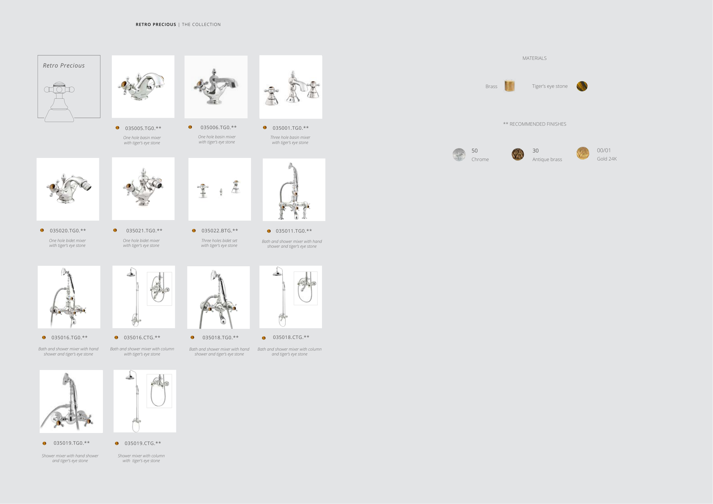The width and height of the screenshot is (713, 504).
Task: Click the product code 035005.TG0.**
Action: click(x=143, y=128)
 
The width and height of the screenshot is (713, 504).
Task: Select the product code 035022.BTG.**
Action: click(x=220, y=231)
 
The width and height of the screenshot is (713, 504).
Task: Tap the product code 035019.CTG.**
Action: click(x=143, y=443)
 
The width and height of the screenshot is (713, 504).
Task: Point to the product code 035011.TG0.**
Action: click(x=294, y=231)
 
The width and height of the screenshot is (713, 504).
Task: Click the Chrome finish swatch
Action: click(x=459, y=155)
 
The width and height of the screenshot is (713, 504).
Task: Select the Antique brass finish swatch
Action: click(x=518, y=154)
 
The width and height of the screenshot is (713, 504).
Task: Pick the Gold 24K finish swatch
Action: click(x=583, y=153)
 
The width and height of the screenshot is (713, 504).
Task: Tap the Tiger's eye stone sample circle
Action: click(x=582, y=86)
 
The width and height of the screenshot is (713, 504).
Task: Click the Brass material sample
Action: click(x=510, y=86)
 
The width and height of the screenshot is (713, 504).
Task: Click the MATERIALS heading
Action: click(x=534, y=58)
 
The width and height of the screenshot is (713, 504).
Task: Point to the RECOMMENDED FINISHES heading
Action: click(x=538, y=124)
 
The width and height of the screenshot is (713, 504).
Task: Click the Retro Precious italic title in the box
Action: click(x=64, y=66)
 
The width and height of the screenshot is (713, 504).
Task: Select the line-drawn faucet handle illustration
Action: click(x=59, y=102)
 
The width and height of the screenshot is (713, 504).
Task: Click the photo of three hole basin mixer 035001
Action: click(x=291, y=87)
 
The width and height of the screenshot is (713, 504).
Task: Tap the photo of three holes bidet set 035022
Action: click(x=220, y=189)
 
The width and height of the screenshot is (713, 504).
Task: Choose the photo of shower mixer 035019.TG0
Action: click(x=71, y=401)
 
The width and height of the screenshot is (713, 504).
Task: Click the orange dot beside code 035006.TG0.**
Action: click(x=190, y=127)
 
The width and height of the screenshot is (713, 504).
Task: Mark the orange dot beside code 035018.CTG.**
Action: click(x=264, y=338)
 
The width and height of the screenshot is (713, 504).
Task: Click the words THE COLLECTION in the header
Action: click(x=201, y=25)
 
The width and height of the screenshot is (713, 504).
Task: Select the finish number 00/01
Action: click(x=604, y=151)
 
